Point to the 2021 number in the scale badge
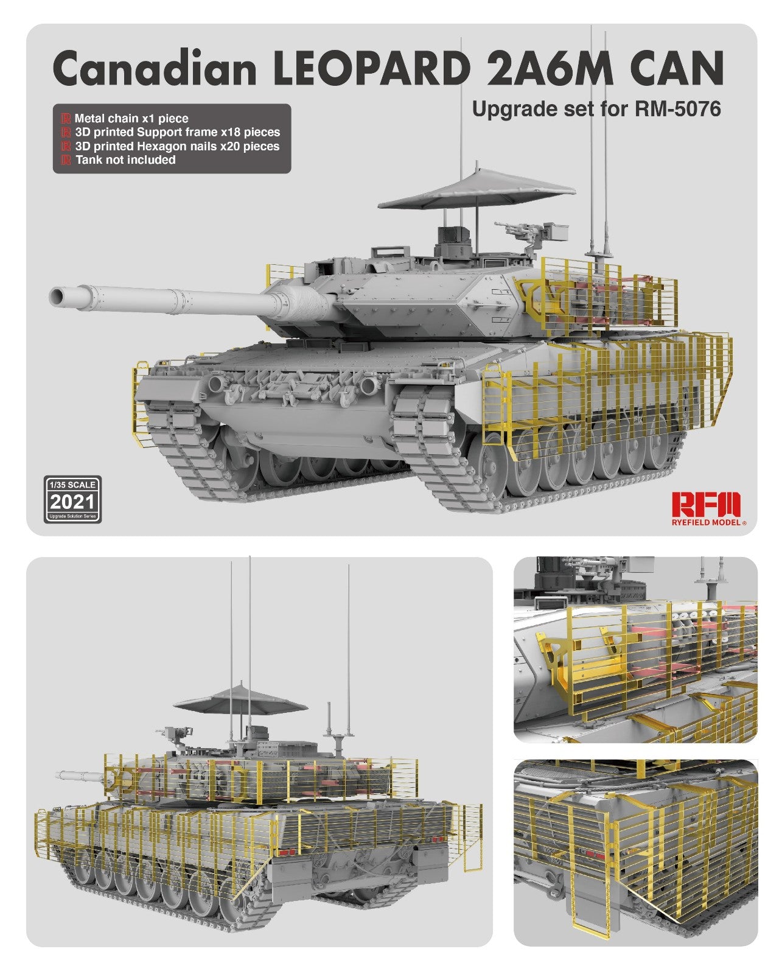(x=72, y=502)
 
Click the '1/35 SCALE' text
(x=72, y=485)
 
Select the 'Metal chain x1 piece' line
(x=131, y=119)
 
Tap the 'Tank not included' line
(x=125, y=160)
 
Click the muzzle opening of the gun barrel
(x=58, y=297)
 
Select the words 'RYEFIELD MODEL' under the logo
(x=706, y=522)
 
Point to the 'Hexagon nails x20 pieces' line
(x=176, y=146)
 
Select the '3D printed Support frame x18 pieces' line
(x=177, y=132)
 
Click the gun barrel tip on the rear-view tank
(x=59, y=776)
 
